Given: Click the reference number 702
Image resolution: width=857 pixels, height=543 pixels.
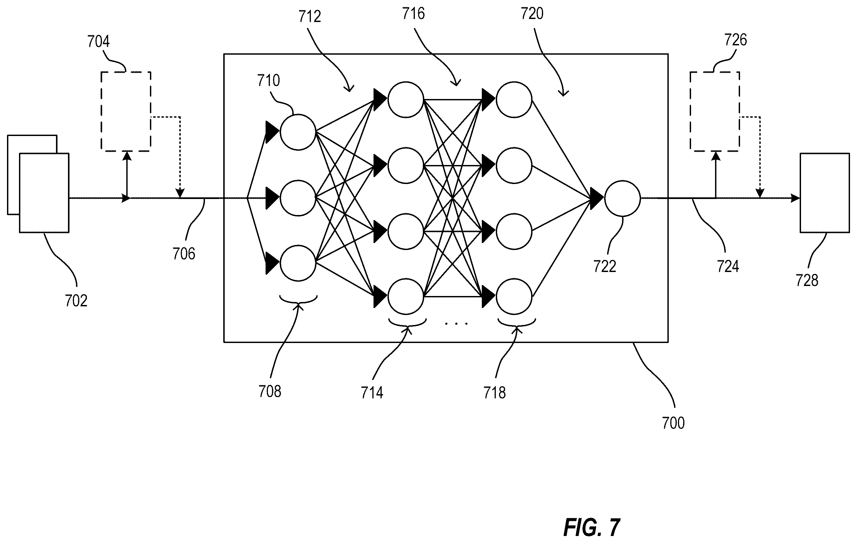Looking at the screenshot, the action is pos(76,301).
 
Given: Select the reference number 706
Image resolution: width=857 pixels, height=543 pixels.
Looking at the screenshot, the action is pos(184,254).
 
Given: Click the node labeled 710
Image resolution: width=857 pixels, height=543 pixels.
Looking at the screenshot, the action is pos(298,132).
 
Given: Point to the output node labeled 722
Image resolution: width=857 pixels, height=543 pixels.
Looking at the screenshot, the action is pos(622,198).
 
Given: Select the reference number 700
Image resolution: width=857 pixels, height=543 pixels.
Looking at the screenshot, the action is pos(673,423).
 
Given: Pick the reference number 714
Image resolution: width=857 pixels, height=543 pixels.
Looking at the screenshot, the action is pos(372,393).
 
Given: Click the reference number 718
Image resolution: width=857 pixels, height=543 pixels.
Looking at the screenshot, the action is pos(495,393).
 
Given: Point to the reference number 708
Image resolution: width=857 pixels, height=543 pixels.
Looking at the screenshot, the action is pos(270,392).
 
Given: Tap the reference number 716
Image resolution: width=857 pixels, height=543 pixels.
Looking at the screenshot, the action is pos(414,14).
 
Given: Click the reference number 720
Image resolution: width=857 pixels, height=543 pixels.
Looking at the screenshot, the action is pos(532,14).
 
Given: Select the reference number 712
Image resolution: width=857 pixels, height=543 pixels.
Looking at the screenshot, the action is pos(310,16).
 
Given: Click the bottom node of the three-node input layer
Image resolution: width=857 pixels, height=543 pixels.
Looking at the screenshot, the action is pos(298,263).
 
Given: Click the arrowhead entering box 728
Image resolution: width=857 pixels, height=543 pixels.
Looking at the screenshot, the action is pos(795,198).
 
